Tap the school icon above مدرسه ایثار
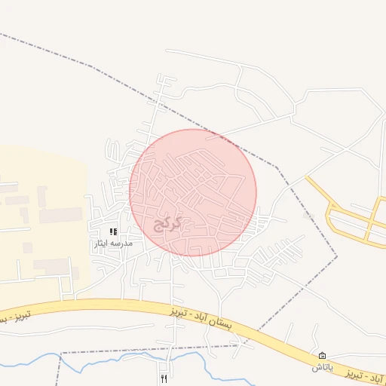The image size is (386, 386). [x=113, y=232]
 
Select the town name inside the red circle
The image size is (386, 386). [x=168, y=223]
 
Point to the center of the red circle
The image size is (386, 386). [x=193, y=192]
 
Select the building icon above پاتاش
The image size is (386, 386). [x=323, y=355]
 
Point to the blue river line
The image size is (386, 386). [x=113, y=361]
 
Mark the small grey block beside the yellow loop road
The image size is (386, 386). [x=308, y=216]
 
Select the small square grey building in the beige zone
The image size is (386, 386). [x=28, y=247]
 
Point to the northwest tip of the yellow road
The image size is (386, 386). [x=307, y=178]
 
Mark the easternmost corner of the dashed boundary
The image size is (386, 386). [x=337, y=256]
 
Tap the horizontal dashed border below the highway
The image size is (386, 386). [x=151, y=350]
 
